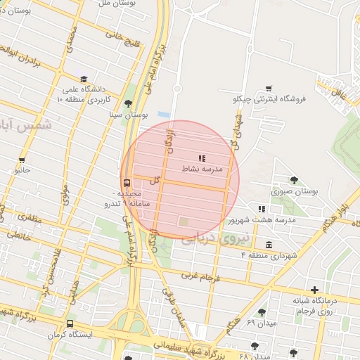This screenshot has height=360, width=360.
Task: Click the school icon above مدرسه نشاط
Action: tap(202, 158)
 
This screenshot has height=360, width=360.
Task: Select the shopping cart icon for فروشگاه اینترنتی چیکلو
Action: tap(269, 89)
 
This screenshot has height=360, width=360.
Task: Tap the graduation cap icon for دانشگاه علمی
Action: tap(84, 79)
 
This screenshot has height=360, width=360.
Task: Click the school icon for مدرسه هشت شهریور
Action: tap(262, 209)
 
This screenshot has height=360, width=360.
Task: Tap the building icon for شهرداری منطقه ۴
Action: tap(269, 244)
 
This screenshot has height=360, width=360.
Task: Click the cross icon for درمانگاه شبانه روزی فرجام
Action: tap(314, 289)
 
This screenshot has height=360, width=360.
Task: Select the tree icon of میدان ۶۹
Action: tap(262, 312)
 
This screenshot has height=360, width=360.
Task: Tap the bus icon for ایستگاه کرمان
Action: tap(69, 324)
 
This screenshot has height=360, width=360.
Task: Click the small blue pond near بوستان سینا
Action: tap(164, 115)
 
